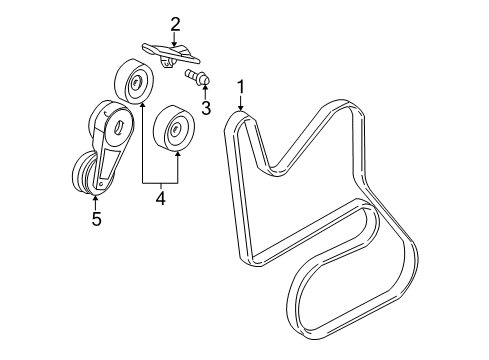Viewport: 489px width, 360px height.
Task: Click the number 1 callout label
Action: tap(241, 89)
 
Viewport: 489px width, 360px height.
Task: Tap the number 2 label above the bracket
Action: tap(174, 24)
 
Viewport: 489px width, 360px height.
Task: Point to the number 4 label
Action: tap(160, 199)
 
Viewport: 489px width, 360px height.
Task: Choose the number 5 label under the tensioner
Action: tap(96, 217)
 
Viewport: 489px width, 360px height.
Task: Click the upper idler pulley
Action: tap(133, 80)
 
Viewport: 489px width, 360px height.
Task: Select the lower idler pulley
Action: tap(176, 129)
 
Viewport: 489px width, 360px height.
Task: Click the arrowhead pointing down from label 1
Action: tap(241, 112)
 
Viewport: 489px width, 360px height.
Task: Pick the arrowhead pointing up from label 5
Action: tap(96, 197)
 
